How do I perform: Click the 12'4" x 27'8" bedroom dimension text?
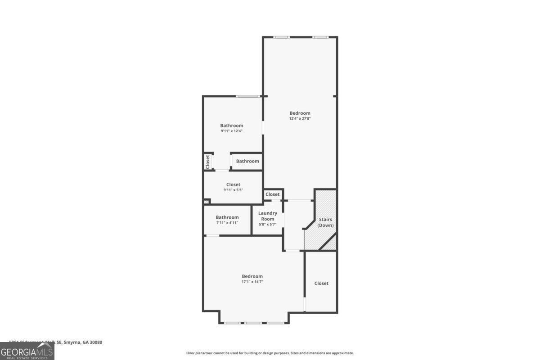(x=300, y=119)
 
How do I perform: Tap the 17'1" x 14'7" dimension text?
(x=252, y=282)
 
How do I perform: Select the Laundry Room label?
(x=268, y=216)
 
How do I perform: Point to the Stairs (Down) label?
(x=325, y=222)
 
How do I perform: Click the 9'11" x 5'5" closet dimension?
(x=233, y=190)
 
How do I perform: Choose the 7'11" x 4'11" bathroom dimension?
(x=227, y=223)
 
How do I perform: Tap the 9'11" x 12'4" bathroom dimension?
(x=231, y=131)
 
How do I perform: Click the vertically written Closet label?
(x=208, y=162)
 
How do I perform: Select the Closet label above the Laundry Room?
(x=272, y=194)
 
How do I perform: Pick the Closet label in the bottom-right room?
(x=321, y=283)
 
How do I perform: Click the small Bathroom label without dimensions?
(x=247, y=161)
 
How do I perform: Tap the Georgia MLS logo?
(x=27, y=351)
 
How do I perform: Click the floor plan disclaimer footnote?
(x=270, y=353)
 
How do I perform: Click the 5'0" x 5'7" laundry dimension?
(x=268, y=225)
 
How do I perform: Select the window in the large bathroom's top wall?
(x=248, y=96)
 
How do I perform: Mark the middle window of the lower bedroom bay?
(x=252, y=323)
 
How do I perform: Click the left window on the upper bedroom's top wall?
(x=281, y=37)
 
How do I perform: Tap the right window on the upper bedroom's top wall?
(x=320, y=37)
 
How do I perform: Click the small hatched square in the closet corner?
(x=207, y=202)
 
